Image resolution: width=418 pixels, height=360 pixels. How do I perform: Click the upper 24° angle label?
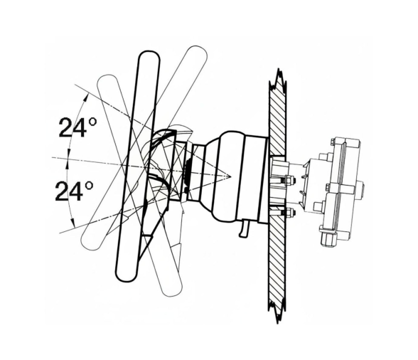(x=77, y=128)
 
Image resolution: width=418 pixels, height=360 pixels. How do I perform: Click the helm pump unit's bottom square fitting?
(x=330, y=239)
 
